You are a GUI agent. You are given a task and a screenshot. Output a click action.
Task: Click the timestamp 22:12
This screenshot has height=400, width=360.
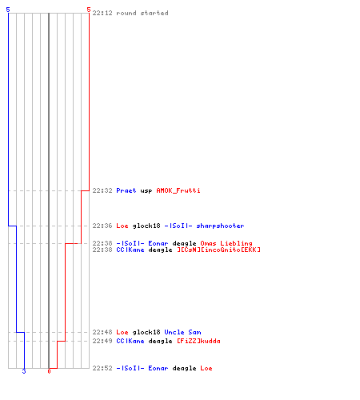tap(102, 13)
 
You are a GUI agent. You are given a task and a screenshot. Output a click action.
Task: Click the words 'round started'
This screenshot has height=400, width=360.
tap(142, 13)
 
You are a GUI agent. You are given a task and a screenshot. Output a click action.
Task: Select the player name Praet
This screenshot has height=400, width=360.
tap(126, 190)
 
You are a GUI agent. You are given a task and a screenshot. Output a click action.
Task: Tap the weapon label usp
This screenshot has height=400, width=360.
tap(146, 191)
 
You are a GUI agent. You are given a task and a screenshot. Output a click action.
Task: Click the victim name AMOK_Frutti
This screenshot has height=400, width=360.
tap(178, 190)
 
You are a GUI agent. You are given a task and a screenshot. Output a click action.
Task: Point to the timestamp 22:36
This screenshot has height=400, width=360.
tap(102, 226)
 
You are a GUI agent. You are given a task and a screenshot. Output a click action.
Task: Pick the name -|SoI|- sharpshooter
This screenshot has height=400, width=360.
tap(204, 226)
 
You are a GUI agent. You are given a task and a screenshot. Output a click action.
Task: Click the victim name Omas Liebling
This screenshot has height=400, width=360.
tap(226, 243)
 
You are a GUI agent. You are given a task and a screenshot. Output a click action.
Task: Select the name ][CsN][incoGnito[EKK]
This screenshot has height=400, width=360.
tap(219, 250)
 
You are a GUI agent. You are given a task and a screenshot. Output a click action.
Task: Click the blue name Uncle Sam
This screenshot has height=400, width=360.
tap(182, 332)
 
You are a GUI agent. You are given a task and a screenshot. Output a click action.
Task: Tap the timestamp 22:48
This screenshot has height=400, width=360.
tap(102, 332)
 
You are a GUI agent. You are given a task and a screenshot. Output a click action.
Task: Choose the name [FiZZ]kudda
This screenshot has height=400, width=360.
tap(198, 341)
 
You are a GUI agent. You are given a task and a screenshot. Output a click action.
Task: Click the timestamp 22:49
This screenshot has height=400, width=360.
tap(102, 341)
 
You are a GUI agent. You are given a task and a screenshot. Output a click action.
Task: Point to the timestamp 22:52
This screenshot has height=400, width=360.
tap(102, 368)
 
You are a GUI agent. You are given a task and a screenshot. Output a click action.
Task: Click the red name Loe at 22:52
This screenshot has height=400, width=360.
tap(206, 368)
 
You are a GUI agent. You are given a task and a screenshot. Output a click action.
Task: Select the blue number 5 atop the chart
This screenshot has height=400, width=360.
tap(8, 10)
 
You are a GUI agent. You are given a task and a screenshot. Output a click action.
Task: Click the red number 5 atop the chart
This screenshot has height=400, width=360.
tap(89, 10)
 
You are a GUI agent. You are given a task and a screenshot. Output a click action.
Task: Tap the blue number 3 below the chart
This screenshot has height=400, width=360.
tap(24, 371)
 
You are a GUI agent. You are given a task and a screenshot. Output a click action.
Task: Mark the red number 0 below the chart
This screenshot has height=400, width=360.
tap(49, 371)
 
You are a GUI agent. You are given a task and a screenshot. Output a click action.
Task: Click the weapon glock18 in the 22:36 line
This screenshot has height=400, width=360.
tap(146, 226)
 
